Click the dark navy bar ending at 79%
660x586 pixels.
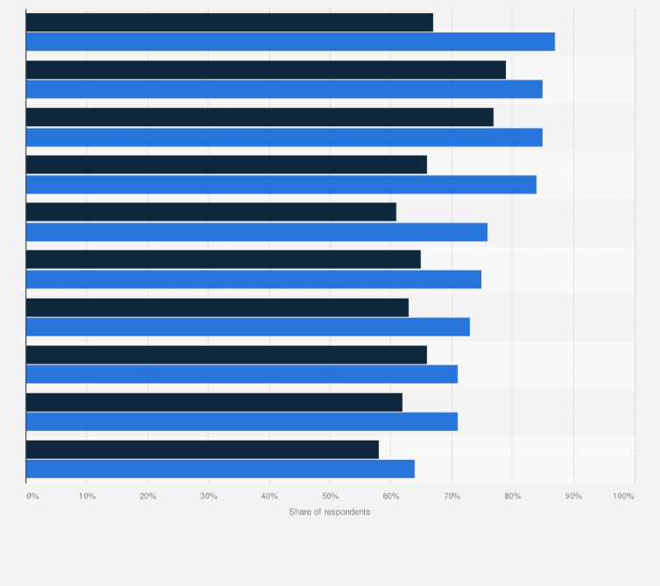266,70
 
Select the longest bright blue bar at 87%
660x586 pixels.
291,42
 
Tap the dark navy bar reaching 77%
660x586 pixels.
260,117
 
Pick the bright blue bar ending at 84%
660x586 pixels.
281,184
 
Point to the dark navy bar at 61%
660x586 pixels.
211,212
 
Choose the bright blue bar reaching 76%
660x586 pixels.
256,232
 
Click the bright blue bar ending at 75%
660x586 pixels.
254,279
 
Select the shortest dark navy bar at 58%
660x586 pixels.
202,449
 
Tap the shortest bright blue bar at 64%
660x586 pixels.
221,469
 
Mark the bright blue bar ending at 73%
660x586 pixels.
248,327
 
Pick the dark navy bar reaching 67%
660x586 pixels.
229,23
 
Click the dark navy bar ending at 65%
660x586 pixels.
223,259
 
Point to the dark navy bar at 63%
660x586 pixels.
217,307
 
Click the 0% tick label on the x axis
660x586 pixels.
32,497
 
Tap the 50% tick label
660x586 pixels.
330,497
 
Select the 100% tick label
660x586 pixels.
623,497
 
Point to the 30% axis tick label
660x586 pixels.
208,497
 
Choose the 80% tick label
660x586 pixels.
513,497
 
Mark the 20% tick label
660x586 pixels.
148,497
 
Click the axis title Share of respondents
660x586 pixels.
329,512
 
